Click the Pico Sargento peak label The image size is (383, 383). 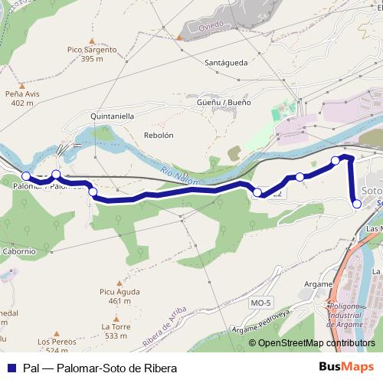tap(92, 50)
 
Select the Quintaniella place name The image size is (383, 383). tap(112, 116)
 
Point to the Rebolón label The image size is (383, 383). tap(159, 135)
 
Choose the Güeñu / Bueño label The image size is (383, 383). tap(224, 102)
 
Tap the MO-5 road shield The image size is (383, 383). tap(260, 303)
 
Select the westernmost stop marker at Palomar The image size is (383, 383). tap(25, 177)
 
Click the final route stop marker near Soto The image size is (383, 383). tap(356, 203)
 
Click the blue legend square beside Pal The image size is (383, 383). tap(11, 368)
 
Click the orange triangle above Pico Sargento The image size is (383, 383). tap(92, 41)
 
